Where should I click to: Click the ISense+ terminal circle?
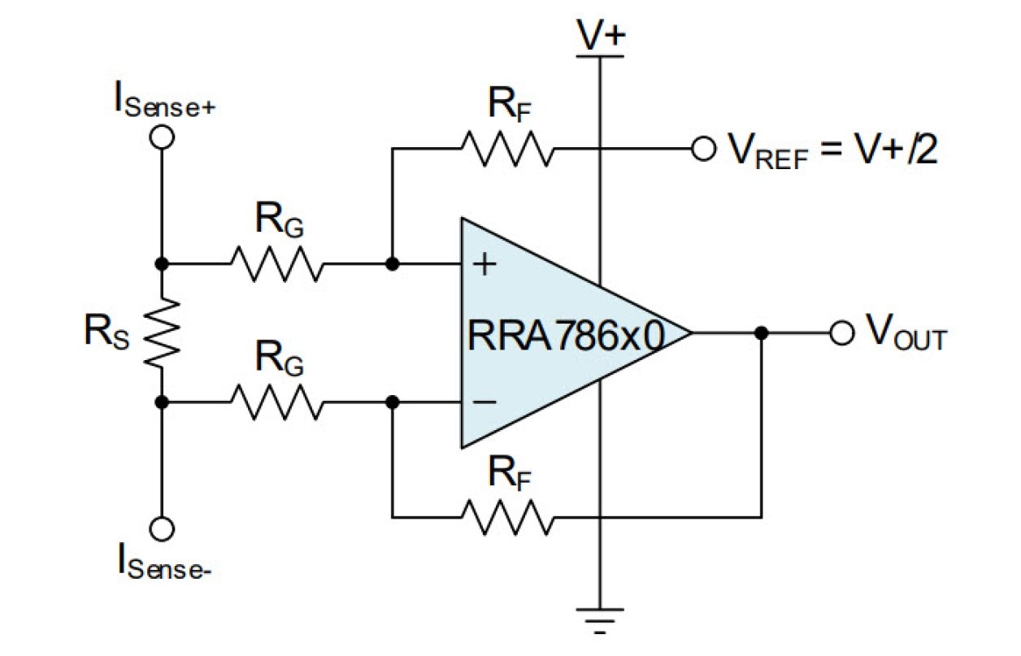[x=162, y=137]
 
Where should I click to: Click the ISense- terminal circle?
[x=162, y=529]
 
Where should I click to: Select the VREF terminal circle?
[x=702, y=150]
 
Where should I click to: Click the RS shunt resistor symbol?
[x=162, y=332]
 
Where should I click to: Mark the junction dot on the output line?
[x=761, y=332]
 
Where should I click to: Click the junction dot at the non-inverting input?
[x=393, y=263]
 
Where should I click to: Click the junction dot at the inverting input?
[x=393, y=402]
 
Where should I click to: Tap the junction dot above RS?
[x=162, y=263]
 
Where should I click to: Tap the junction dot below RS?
[x=162, y=402]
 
